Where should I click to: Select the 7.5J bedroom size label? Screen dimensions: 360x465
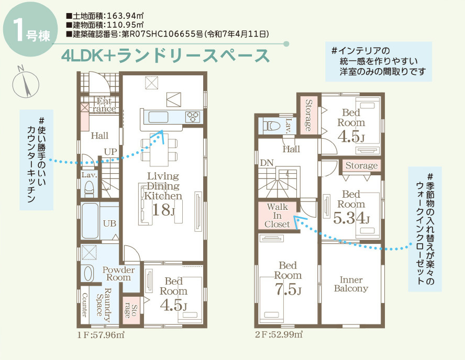288,288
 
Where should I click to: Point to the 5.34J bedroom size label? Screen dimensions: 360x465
351,218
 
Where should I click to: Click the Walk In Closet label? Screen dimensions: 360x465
277,216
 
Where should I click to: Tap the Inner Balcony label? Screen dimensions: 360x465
351,284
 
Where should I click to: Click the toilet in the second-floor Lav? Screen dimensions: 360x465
270,126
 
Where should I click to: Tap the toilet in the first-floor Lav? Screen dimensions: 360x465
88,187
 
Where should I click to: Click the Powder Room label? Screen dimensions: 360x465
118,273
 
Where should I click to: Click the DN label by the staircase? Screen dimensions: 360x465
267,163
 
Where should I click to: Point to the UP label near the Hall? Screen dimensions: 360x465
110,151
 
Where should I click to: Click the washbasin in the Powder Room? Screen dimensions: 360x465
88,273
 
